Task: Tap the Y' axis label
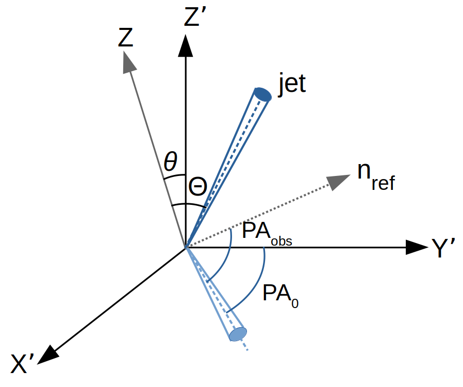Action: [442, 249]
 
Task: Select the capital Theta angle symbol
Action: [197, 187]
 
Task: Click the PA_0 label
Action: [280, 295]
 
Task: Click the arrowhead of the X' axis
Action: [48, 354]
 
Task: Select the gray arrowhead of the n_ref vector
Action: [338, 181]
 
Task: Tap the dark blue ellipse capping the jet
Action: [263, 94]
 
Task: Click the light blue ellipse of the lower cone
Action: [238, 334]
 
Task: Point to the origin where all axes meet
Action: [186, 248]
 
